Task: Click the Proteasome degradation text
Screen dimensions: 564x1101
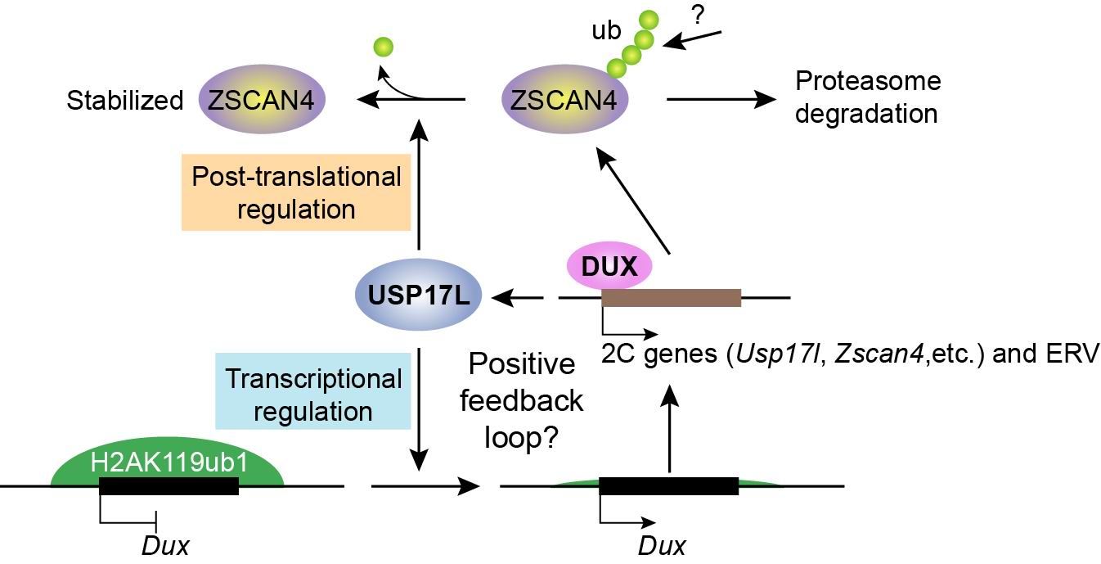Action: tap(867, 97)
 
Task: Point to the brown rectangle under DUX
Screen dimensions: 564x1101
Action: tap(671, 298)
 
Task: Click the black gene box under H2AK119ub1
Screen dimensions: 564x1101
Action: tap(169, 486)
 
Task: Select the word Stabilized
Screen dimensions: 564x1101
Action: tap(125, 101)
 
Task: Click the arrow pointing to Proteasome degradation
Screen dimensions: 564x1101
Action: tap(720, 100)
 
